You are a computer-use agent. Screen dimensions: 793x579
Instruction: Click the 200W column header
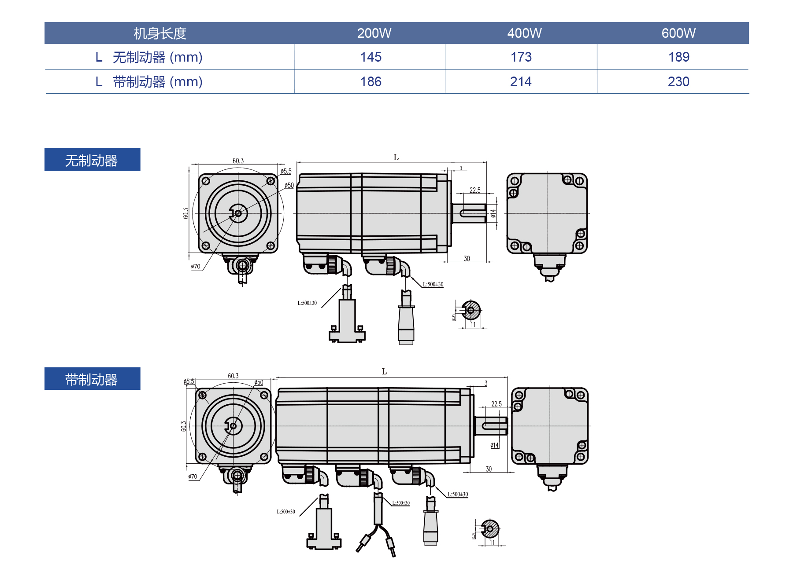pos(374,33)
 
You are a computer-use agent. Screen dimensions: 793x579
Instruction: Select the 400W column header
pos(524,33)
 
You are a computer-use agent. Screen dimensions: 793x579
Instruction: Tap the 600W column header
pos(678,33)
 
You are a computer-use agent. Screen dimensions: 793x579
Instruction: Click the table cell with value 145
pos(371,57)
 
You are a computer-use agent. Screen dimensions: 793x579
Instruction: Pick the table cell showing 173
pos(521,57)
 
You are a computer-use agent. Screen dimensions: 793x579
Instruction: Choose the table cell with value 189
pos(678,57)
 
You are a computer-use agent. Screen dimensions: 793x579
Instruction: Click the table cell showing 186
pos(371,82)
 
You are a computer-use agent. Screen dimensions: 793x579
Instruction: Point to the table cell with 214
pos(521,82)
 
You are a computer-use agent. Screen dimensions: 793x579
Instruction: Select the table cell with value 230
pos(678,82)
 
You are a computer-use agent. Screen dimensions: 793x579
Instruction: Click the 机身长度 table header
pos(160,33)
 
